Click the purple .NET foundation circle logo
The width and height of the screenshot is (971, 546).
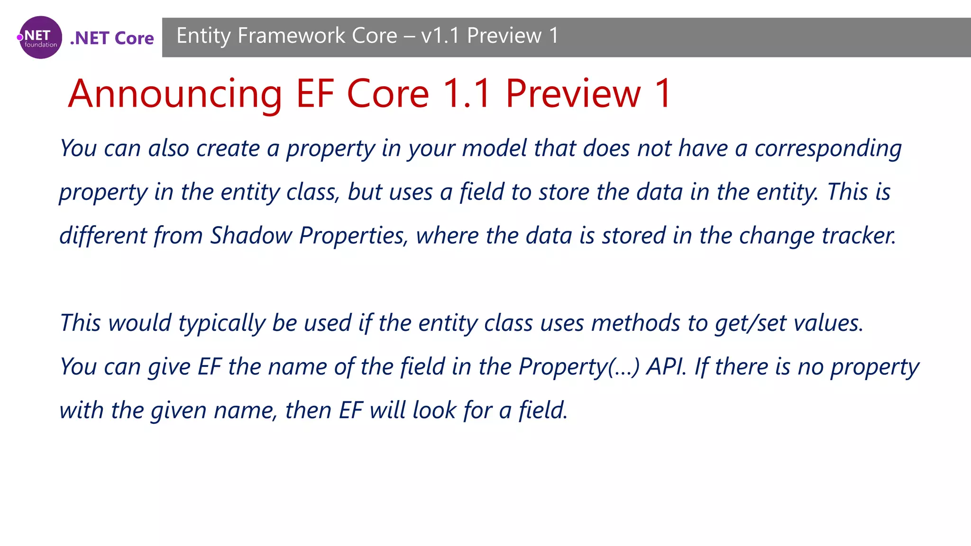click(x=40, y=37)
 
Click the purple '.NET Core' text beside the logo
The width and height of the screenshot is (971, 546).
click(x=112, y=38)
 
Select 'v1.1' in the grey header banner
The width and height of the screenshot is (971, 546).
click(x=440, y=36)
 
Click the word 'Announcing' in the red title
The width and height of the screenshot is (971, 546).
click(x=175, y=94)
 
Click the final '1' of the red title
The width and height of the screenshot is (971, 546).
click(x=662, y=94)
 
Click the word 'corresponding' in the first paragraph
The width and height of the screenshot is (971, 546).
click(x=828, y=149)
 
